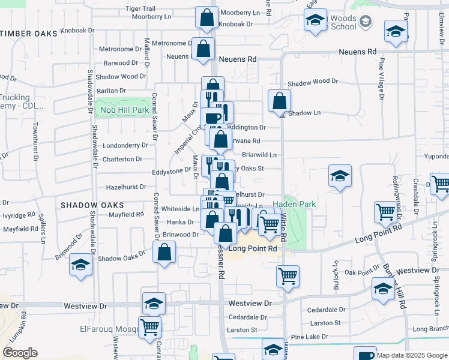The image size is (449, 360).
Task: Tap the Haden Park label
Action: coord(294,204)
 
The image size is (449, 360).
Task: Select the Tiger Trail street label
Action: coord(140,9)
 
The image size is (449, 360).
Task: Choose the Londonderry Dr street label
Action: coord(125,145)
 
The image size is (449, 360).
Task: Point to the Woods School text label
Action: coord(343,23)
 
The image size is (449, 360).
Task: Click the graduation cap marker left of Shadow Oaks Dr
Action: coord(80,265)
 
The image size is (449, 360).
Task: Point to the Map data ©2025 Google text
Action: coord(412,355)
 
